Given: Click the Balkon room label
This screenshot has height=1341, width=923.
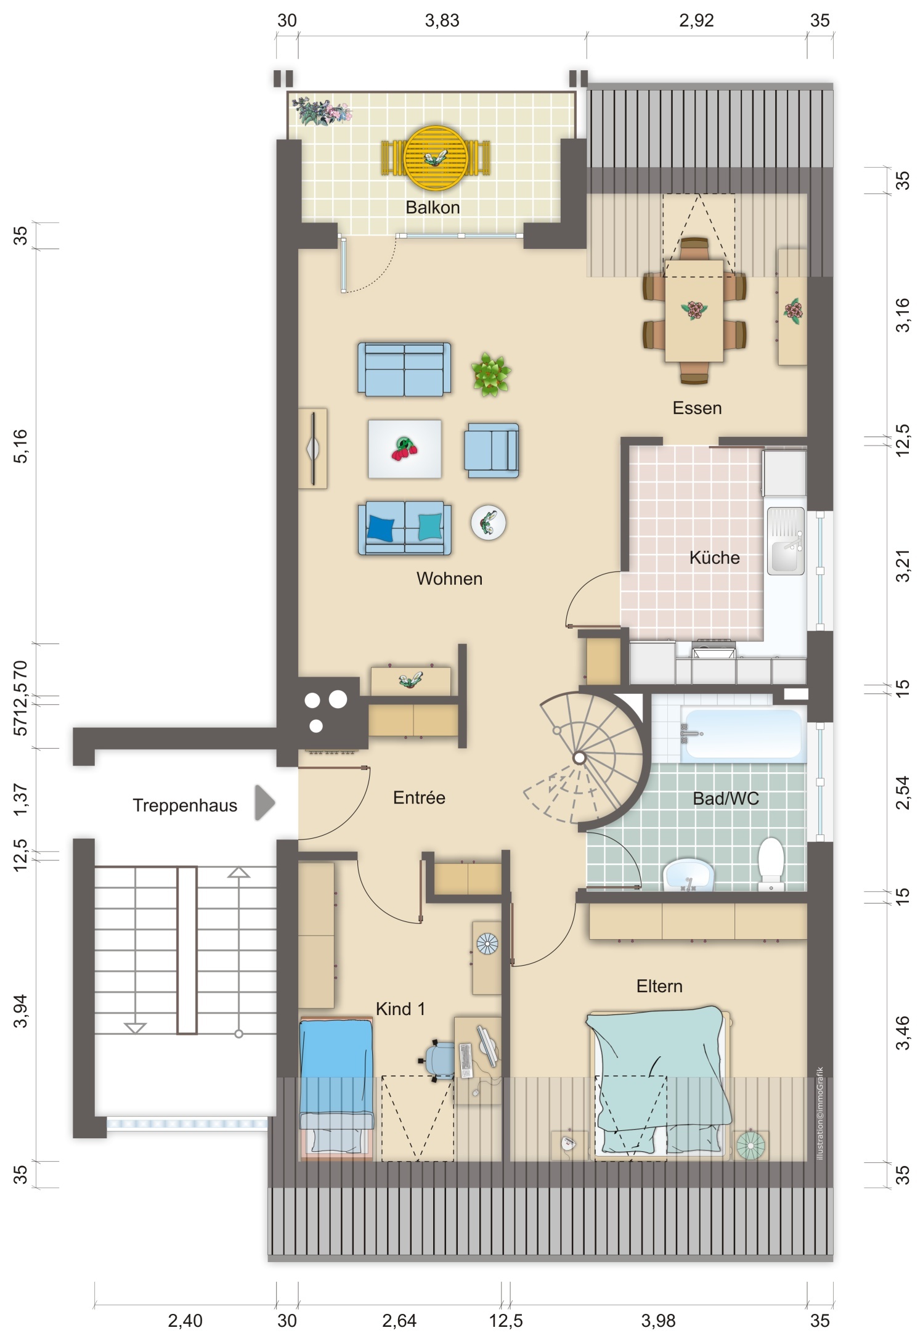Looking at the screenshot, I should pyautogui.click(x=433, y=208).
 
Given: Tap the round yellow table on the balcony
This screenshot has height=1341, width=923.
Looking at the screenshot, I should pyautogui.click(x=435, y=158).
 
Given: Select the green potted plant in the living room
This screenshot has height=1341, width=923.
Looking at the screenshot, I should pyautogui.click(x=491, y=374).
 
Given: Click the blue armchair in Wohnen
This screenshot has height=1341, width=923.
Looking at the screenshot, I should pyautogui.click(x=492, y=450).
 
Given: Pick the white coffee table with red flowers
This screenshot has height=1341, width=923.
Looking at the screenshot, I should pyautogui.click(x=405, y=449).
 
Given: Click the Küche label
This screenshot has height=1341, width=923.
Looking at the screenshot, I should pyautogui.click(x=714, y=558).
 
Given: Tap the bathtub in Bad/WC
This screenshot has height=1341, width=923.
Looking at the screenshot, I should pyautogui.click(x=743, y=733).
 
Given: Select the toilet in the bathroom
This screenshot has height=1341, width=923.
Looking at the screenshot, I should pyautogui.click(x=771, y=863).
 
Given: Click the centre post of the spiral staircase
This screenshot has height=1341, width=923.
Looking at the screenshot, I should pyautogui.click(x=579, y=759).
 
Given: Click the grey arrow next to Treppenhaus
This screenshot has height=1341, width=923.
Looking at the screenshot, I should pyautogui.click(x=264, y=802).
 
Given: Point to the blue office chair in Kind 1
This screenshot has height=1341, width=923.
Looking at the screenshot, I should pyautogui.click(x=437, y=1059).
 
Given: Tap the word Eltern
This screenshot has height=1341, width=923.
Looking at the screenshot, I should pyautogui.click(x=659, y=986).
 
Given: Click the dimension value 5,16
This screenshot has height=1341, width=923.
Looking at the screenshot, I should pyautogui.click(x=21, y=446).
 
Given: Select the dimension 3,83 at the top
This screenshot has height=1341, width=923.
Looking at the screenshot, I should pyautogui.click(x=442, y=21).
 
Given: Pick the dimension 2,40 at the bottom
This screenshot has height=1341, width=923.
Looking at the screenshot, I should pyautogui.click(x=185, y=1321).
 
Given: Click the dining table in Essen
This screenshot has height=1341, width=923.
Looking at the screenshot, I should pyautogui.click(x=694, y=311).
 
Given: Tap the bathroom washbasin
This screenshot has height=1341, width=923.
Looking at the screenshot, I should pyautogui.click(x=688, y=874).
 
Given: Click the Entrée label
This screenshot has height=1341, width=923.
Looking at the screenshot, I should pyautogui.click(x=419, y=797).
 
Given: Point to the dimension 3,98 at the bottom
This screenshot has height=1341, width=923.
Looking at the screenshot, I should pyautogui.click(x=658, y=1321).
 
